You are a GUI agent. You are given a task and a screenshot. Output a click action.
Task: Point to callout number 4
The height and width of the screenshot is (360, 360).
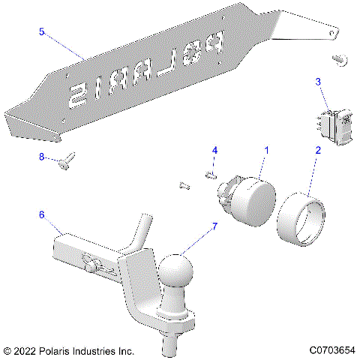tap(214, 151)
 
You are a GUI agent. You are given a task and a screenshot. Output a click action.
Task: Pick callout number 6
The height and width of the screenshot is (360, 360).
tap(42, 214)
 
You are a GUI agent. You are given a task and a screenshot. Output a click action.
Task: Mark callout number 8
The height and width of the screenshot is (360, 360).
tap(42, 156)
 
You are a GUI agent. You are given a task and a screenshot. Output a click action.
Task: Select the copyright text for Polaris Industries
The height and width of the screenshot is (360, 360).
tap(69, 350)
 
